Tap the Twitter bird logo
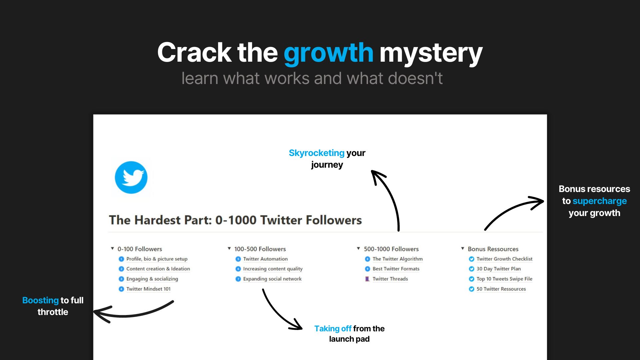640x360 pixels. (x=131, y=177)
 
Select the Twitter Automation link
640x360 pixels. (x=265, y=259)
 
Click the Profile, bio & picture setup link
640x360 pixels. (x=157, y=259)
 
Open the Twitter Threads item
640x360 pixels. (x=390, y=279)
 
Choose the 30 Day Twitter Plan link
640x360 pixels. (x=498, y=269)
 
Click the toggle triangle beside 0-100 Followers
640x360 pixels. (x=112, y=249)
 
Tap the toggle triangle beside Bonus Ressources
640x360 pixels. (x=463, y=249)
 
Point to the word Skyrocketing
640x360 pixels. (x=316, y=153)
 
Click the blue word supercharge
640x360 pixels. (x=599, y=201)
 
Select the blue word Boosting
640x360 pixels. (x=40, y=300)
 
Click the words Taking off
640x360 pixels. (x=333, y=329)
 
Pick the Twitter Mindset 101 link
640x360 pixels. (x=148, y=289)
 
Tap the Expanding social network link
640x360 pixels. (x=272, y=279)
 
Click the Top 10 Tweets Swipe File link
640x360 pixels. (x=504, y=279)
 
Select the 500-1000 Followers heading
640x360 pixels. (x=391, y=249)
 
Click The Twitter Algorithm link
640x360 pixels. (x=397, y=259)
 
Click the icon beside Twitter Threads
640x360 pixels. (x=367, y=279)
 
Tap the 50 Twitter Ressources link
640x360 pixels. (x=501, y=289)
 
